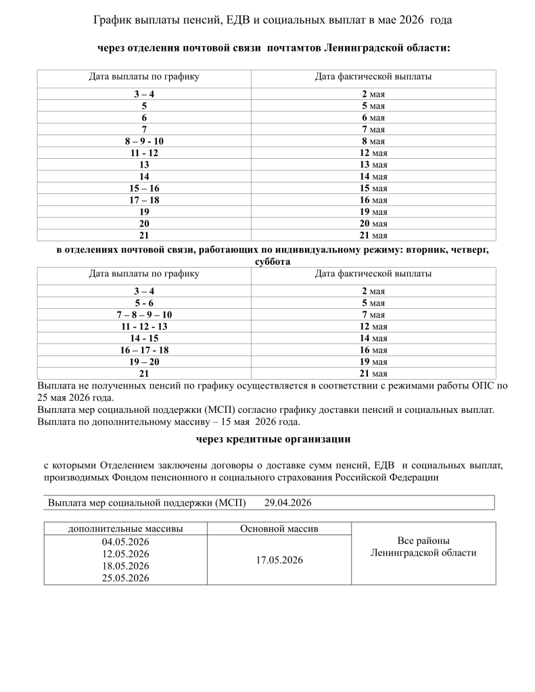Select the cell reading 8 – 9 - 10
144,141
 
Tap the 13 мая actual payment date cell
373,165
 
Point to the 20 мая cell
373,224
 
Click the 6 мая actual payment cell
373,118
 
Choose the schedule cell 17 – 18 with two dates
144,200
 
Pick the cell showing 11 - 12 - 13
144,326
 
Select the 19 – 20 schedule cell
144,362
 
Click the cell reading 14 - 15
144,338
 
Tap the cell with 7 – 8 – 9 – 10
144,315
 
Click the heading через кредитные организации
273,439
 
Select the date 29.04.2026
287,503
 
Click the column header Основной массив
279,528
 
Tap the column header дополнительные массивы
125,528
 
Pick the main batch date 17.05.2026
279,560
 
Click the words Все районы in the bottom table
423,541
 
